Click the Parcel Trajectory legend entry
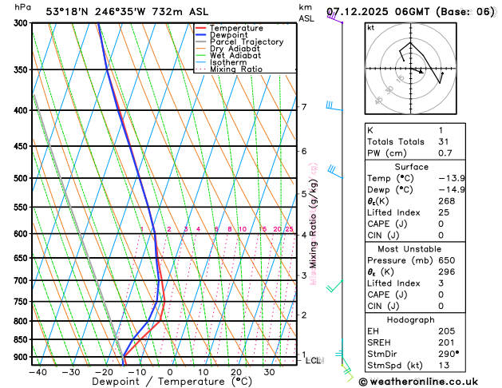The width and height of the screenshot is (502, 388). [246, 42]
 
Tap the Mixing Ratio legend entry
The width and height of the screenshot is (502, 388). [235, 69]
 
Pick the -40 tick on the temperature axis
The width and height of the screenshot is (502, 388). [38, 372]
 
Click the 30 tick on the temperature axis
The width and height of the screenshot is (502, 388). [269, 372]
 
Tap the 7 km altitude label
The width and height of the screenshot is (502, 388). [304, 107]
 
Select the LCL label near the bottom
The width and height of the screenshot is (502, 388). [314, 361]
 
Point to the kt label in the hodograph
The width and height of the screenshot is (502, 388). [370, 27]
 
